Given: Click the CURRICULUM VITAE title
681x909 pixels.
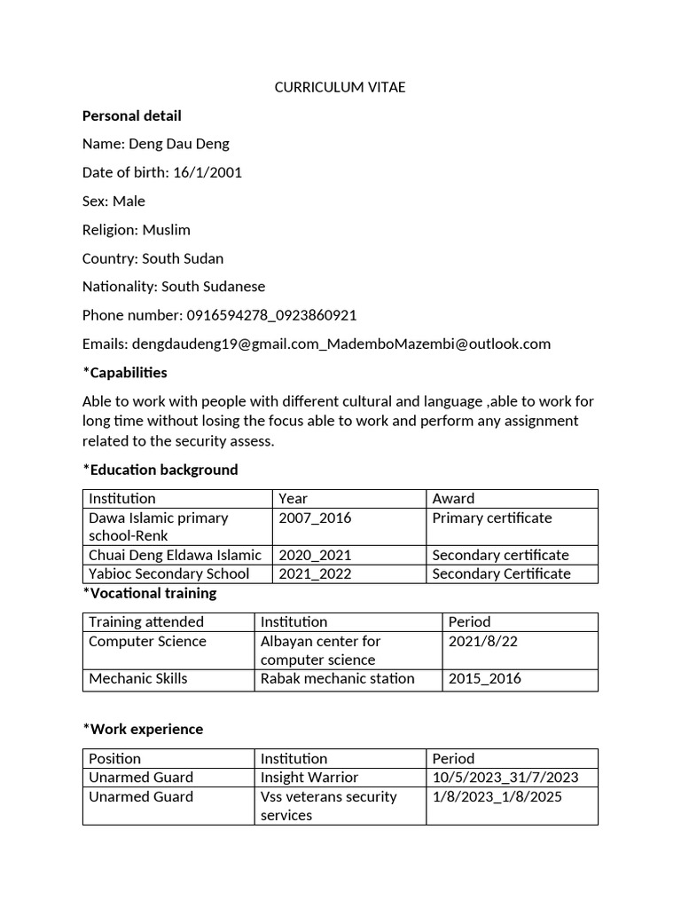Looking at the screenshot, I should tap(340, 87).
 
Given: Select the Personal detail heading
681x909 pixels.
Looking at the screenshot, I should tap(131, 115).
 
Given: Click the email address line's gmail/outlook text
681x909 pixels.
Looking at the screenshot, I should tap(340, 344).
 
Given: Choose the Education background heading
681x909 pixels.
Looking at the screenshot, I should tap(160, 470).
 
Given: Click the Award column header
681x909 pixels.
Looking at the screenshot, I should tap(453, 498).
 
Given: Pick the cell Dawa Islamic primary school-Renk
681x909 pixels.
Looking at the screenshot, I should tap(159, 526).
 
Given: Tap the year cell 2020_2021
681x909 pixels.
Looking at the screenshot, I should tap(315, 555).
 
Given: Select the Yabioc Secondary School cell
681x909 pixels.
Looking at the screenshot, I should tap(168, 573).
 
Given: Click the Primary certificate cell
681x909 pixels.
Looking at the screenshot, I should tap(491, 518).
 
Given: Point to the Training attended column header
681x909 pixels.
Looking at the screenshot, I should tap(146, 621).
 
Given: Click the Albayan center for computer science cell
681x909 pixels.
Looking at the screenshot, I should tap(320, 650).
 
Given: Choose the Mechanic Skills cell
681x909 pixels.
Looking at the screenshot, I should tap(138, 678).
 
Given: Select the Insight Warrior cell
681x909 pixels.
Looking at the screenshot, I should tap(309, 777).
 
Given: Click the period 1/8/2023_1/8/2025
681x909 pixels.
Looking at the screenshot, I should tap(497, 796).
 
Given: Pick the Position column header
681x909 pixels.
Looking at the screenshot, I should tap(115, 758).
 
